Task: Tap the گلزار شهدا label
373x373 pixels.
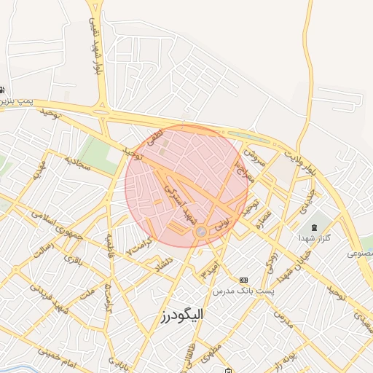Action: pyautogui.click(x=314, y=237)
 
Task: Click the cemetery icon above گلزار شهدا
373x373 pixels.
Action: pyautogui.click(x=314, y=226)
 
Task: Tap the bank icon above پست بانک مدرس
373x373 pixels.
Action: pyautogui.click(x=243, y=280)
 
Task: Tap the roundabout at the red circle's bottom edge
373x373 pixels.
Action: pyautogui.click(x=200, y=232)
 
